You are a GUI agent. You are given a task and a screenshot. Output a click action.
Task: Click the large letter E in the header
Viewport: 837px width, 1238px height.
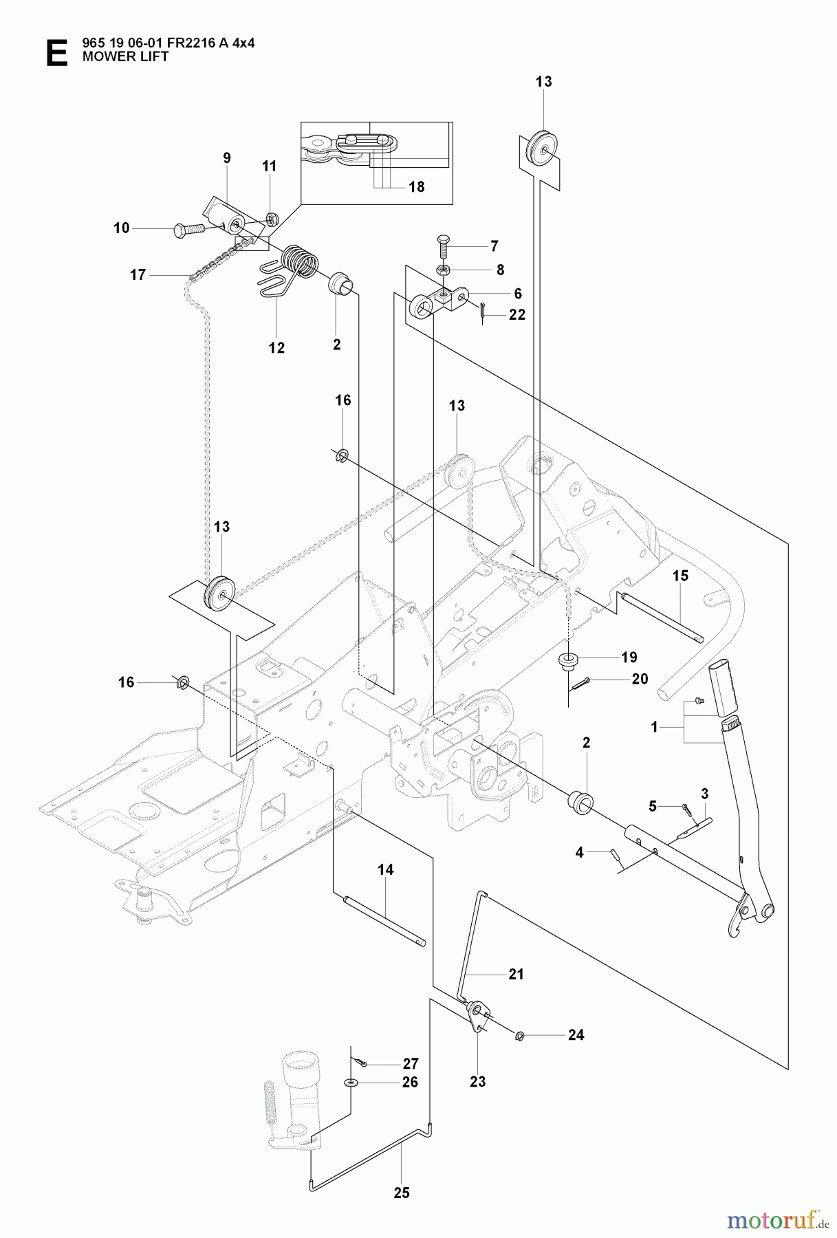coord(56,54)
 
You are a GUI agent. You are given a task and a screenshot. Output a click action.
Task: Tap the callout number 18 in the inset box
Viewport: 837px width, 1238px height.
coord(417,187)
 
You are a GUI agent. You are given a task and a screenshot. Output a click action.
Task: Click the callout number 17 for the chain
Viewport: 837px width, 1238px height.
coord(138,275)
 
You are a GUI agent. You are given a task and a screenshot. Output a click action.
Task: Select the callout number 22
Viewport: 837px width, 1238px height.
coord(517,314)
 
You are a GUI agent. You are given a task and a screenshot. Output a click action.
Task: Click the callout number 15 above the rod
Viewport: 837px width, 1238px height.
coord(680,576)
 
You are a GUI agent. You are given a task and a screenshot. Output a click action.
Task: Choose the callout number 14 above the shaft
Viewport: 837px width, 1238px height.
coord(385,870)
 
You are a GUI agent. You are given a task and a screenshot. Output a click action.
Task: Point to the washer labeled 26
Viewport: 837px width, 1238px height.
coord(351,1083)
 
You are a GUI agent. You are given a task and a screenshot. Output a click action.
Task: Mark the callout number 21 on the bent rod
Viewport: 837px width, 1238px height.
coord(516,974)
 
